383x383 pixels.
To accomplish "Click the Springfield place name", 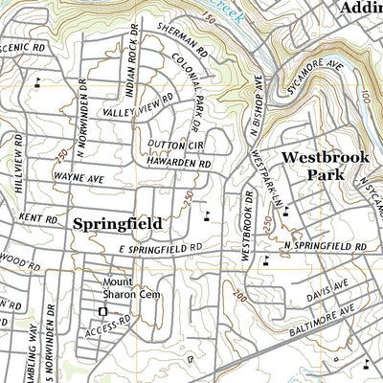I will click(117, 223).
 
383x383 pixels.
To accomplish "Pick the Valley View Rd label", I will click(139, 105).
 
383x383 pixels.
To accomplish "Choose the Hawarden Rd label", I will click(178, 164).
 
